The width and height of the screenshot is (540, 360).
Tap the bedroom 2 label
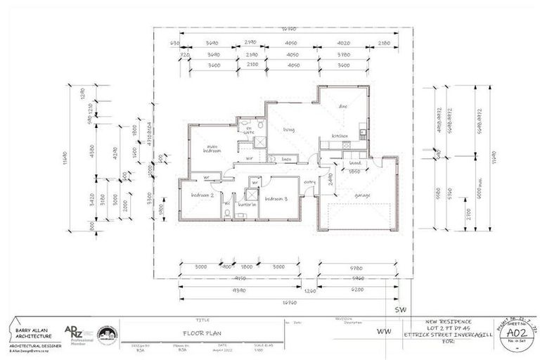(x=202, y=195)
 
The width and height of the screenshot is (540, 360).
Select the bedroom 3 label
(x=277, y=199)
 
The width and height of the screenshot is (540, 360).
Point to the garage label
(x=362, y=195)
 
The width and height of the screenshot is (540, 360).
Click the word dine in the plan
(x=343, y=107)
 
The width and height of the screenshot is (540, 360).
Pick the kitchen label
(x=341, y=136)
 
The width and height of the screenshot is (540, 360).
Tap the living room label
(x=288, y=130)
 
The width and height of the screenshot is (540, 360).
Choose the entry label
(x=310, y=181)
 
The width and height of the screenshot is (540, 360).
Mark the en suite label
(x=248, y=129)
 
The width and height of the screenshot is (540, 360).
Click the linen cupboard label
(x=287, y=160)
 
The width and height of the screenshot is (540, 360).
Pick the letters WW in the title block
(x=384, y=331)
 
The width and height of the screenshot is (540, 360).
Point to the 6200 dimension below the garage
(x=359, y=290)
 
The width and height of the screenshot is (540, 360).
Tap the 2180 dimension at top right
(x=384, y=44)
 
